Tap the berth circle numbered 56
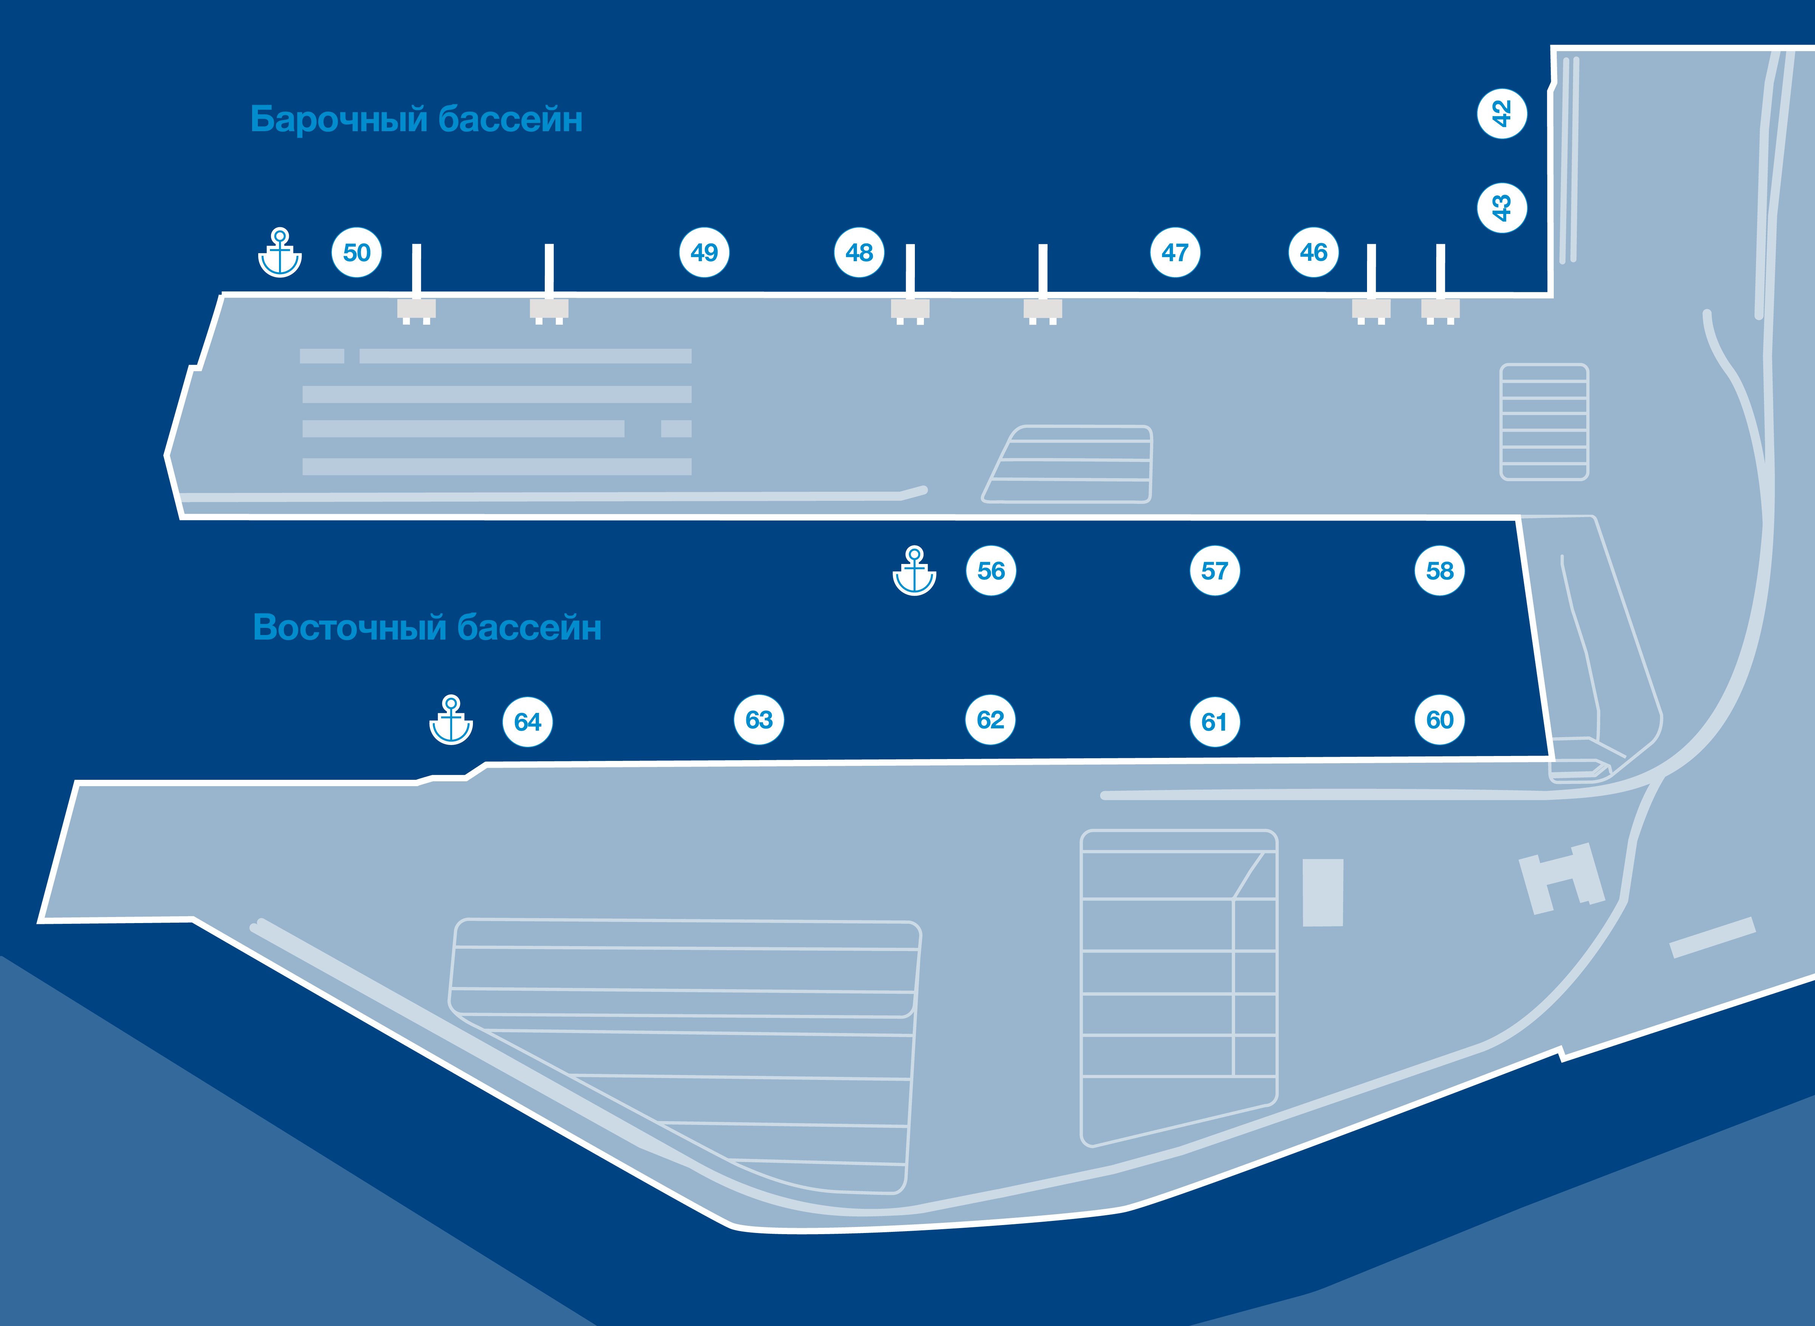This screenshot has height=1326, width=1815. pyautogui.click(x=990, y=571)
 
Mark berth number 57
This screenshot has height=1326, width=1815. pyautogui.click(x=1215, y=571)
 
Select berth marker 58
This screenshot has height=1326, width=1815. pyautogui.click(x=1439, y=571)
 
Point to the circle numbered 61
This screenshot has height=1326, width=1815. pyautogui.click(x=1215, y=722)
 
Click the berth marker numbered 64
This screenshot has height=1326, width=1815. pyautogui.click(x=527, y=722)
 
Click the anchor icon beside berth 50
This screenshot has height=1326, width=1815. pyautogui.click(x=279, y=253)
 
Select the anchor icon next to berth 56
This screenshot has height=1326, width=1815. pyautogui.click(x=914, y=571)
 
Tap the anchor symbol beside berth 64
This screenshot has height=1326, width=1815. pyautogui.click(x=451, y=720)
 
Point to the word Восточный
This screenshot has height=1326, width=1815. pyautogui.click(x=349, y=627)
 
